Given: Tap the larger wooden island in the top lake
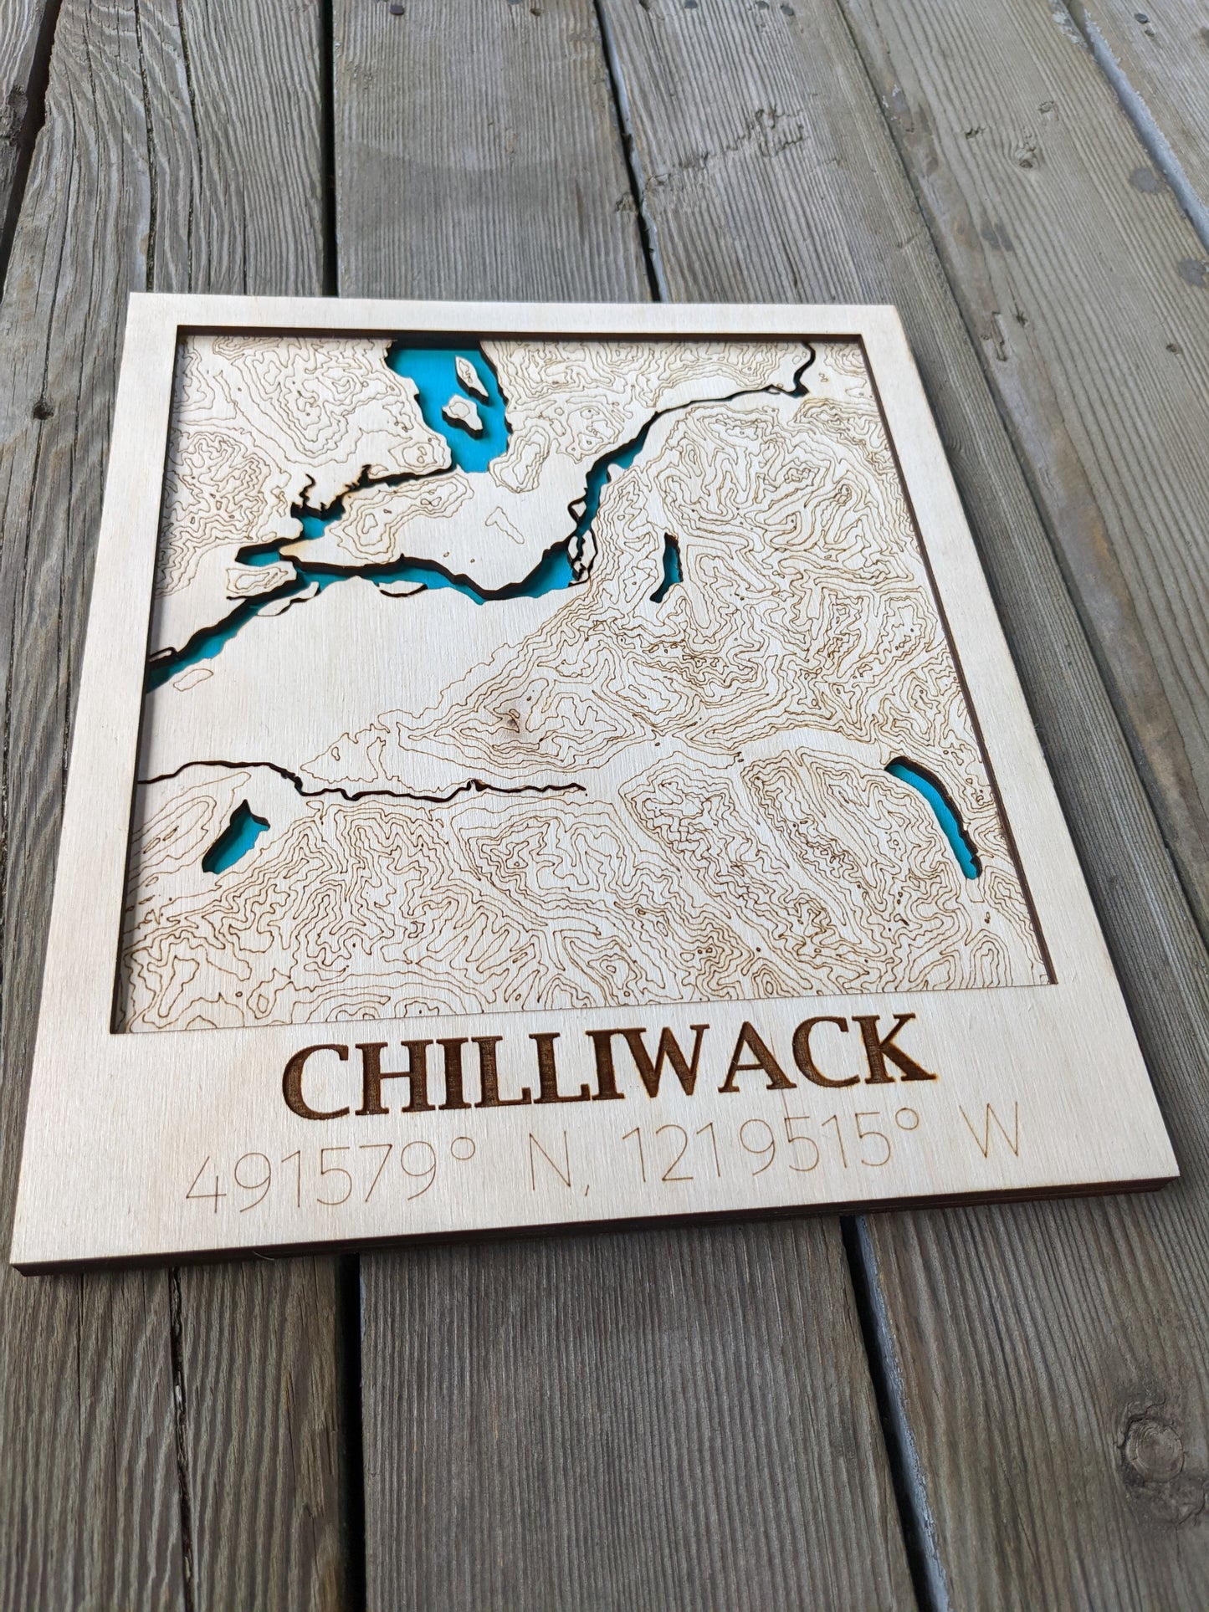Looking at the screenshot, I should click(x=463, y=412).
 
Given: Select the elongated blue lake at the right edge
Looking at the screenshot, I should click(x=935, y=815).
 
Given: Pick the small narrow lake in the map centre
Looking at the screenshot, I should click(x=669, y=568).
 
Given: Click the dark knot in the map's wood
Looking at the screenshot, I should click(x=509, y=717).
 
